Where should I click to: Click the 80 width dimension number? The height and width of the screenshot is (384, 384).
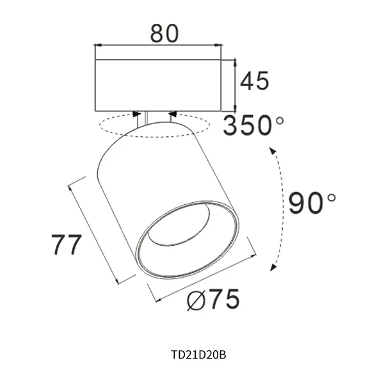(x=164, y=33)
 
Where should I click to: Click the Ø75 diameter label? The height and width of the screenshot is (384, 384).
(x=214, y=300)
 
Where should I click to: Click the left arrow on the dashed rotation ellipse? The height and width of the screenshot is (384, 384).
(x=136, y=115)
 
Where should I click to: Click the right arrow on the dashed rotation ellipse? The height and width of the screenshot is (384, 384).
(x=172, y=115)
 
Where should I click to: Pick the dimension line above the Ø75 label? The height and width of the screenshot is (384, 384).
(x=204, y=277)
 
